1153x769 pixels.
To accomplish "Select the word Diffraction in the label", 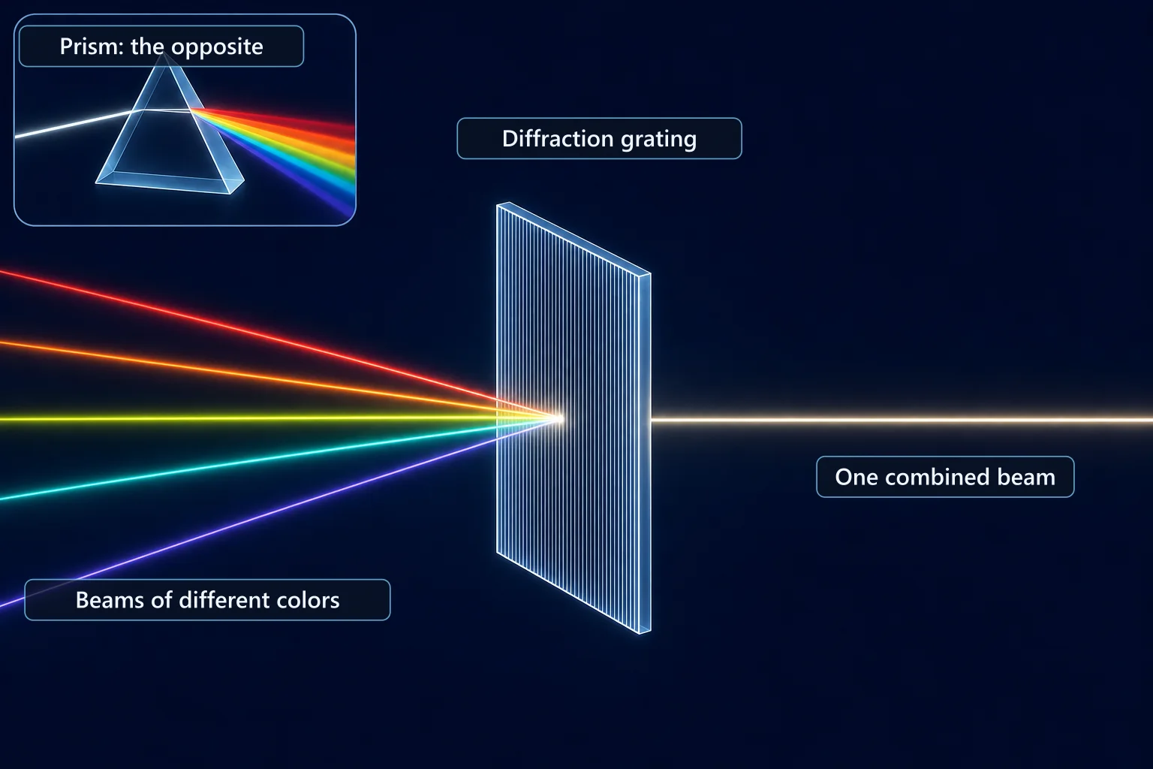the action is tap(558, 138).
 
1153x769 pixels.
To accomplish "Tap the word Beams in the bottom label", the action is tap(110, 600).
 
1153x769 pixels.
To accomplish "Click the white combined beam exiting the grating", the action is tap(902, 421).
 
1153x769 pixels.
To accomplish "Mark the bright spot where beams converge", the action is tap(558, 419).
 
